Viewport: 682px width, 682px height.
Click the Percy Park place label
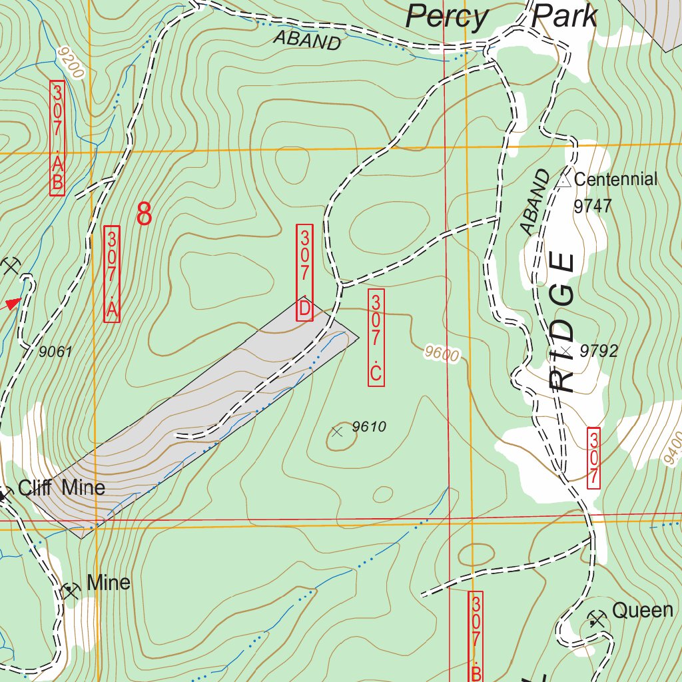pos(501,16)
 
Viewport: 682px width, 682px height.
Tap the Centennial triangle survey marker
pos(564,180)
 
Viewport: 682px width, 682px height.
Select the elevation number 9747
pos(592,206)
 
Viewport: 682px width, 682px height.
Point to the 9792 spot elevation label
pos(599,351)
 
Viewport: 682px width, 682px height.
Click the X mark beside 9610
pos(337,432)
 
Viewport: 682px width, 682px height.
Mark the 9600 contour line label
pos(442,354)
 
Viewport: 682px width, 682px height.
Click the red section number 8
pos(144,214)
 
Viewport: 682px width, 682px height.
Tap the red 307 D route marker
pos(304,272)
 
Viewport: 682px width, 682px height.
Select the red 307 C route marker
pos(376,338)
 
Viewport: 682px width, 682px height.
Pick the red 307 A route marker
pos(112,274)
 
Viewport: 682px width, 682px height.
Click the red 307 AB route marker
pos(57,139)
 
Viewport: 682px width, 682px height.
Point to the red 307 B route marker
pos(476,636)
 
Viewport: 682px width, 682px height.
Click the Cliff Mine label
pos(61,488)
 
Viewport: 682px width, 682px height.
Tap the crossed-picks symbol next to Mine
pos(70,590)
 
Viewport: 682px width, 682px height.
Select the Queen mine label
pos(642,610)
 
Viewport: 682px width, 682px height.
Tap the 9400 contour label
pos(673,447)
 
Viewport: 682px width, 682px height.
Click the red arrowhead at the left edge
pos(13,304)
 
